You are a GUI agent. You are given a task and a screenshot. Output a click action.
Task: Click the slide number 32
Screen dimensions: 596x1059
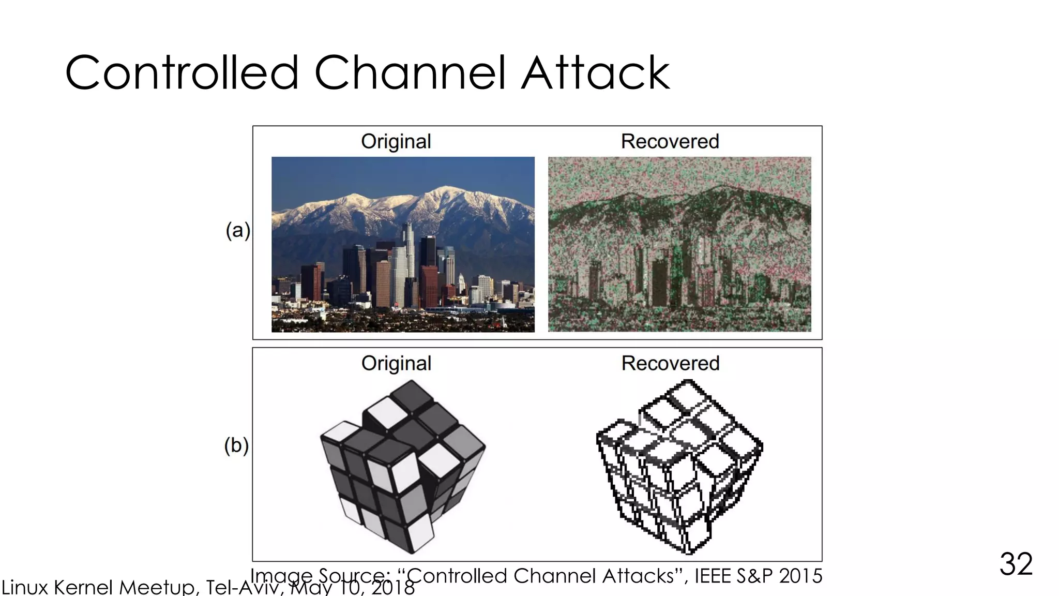pos(1016,564)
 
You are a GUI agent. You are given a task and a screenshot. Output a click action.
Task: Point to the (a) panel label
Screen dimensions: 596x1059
pos(238,230)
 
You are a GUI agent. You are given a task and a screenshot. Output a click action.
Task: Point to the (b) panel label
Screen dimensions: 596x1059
pos(236,445)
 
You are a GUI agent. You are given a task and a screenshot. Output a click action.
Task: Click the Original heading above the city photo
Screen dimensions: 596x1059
pos(396,141)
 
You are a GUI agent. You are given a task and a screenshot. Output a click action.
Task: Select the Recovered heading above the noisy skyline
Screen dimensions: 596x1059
pos(670,141)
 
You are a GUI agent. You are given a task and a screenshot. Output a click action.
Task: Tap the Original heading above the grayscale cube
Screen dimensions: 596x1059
pos(396,363)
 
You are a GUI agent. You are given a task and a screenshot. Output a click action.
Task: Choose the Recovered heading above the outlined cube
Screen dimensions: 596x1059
pos(670,363)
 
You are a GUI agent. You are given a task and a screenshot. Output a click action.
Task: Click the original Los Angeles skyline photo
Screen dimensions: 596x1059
pos(403,244)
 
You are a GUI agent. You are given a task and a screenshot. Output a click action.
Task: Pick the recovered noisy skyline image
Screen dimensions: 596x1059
pos(679,244)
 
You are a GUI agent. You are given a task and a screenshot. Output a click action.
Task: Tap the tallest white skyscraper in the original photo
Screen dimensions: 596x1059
pos(409,259)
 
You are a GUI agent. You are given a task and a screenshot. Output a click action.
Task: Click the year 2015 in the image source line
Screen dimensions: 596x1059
pos(800,576)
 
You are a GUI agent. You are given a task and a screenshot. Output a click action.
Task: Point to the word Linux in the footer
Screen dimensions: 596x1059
pos(25,588)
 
